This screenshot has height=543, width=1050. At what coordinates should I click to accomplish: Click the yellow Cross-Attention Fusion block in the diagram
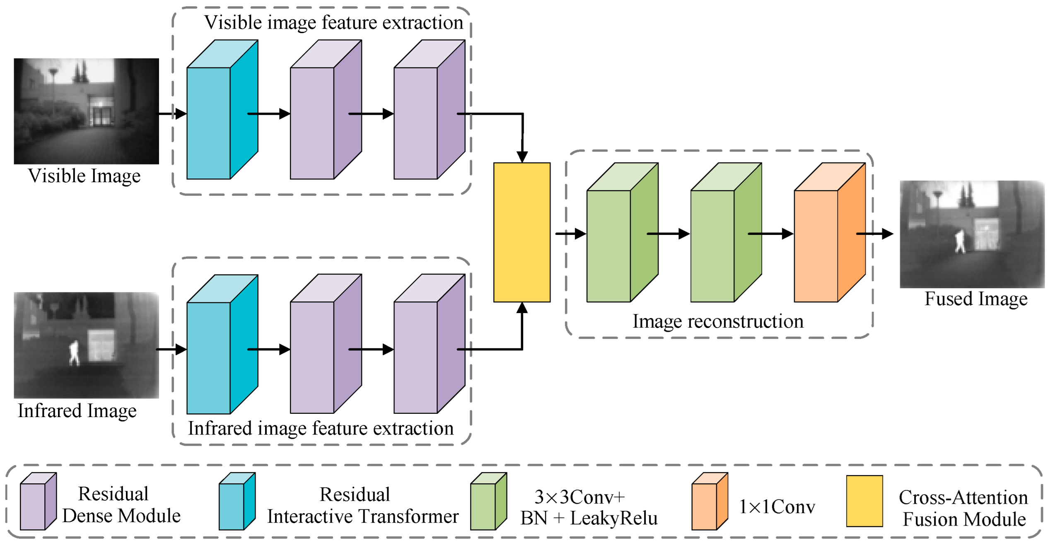(x=522, y=232)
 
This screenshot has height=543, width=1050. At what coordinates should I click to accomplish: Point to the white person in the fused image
(x=960, y=241)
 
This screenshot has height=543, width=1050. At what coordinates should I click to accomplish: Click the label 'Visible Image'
(x=84, y=176)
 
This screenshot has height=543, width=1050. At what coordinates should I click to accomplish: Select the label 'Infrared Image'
(x=77, y=411)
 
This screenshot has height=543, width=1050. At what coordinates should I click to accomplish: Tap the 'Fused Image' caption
(x=976, y=299)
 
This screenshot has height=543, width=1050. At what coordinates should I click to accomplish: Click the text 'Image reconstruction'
(x=718, y=321)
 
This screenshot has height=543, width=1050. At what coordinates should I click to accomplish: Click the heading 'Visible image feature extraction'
(x=333, y=22)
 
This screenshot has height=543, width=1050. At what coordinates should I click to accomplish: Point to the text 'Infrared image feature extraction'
(x=321, y=428)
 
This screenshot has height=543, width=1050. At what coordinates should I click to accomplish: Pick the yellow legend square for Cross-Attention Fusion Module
(x=864, y=501)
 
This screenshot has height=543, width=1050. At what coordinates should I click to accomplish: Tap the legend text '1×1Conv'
(x=777, y=507)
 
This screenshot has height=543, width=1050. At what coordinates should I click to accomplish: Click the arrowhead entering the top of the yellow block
(x=522, y=157)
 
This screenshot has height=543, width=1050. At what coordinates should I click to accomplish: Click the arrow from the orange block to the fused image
(x=878, y=234)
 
